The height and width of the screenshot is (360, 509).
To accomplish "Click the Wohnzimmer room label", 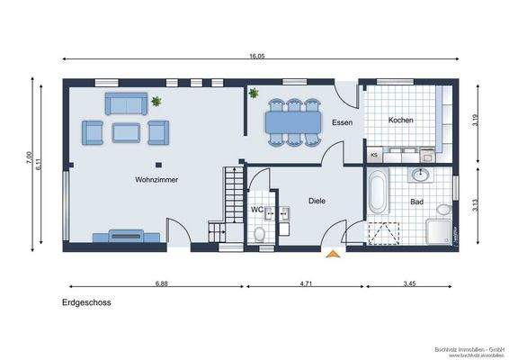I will point(156,180).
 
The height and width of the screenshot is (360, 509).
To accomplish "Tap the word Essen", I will point(342,121).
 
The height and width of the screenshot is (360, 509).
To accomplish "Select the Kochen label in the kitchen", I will point(401,121).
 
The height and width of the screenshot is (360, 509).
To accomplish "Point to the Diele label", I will point(317,202).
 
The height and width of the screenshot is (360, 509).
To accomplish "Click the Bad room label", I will point(417,202).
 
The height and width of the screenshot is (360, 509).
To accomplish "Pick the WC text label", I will point(256,210).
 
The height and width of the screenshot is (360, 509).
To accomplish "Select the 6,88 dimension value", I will point(162,283).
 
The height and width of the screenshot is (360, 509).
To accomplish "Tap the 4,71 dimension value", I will point(305,283).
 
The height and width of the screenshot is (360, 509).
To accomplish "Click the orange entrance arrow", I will point(334,256).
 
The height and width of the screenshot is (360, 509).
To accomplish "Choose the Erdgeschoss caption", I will point(86,303).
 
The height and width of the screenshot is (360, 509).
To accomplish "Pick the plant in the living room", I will point(156,101).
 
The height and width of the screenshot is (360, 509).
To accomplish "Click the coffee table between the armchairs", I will point(124,133).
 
